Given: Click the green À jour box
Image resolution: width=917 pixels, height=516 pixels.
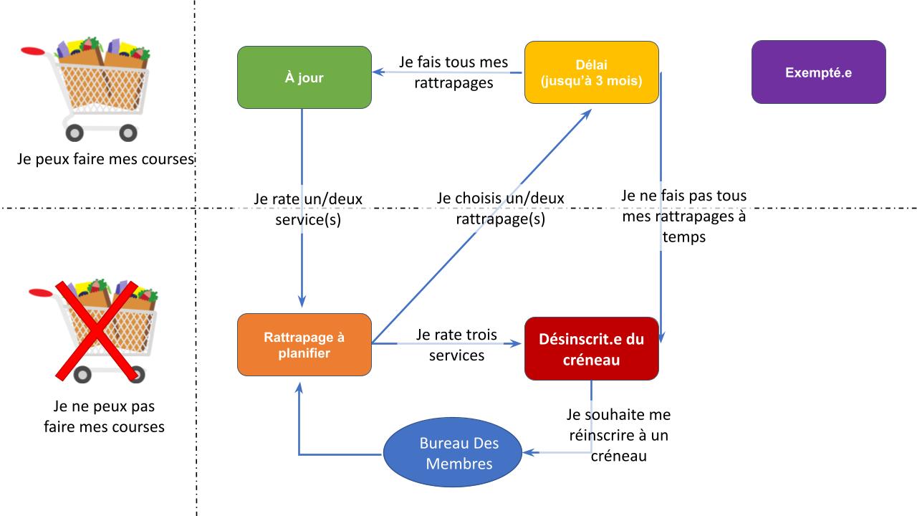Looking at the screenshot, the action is coord(304,77).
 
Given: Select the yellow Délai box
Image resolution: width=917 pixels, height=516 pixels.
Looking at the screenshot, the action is coord(592,72).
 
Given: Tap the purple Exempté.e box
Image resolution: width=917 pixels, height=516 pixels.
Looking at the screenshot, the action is coord(819,72).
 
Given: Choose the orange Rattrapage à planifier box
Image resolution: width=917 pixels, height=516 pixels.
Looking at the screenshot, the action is coord(304,345).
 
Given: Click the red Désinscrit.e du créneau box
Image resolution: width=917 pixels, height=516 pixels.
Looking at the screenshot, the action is coord(592,349).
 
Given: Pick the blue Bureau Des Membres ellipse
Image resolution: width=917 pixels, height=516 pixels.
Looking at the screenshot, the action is coord(453,452).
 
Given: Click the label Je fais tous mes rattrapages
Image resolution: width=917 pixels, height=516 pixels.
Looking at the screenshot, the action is coord(453,72).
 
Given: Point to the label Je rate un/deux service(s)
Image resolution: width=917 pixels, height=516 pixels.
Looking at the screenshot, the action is coord(308,209).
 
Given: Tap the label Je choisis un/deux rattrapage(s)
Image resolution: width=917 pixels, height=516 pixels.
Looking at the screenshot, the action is coord(500,209).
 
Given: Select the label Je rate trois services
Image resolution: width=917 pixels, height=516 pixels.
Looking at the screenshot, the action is coord(456,345).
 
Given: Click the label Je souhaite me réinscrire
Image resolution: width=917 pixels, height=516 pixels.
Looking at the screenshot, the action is coord(618,435).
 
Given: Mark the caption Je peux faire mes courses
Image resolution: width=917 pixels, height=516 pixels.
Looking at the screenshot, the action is coord(105,159).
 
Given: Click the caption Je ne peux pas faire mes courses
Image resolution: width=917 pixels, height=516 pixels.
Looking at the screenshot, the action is coord(105,416).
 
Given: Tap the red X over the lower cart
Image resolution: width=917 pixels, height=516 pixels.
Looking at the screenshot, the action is coord(97,331).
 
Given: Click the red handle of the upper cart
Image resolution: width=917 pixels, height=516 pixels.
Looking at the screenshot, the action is coord(33,51).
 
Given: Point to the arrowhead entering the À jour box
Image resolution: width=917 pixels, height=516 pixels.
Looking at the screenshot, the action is coord(378,72).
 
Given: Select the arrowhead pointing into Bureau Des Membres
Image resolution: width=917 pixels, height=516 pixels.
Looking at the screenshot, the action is coord(529,452).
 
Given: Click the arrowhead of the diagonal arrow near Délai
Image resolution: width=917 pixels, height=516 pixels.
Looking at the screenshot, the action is coord(587,114).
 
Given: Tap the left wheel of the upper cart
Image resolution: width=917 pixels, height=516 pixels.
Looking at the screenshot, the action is coord(75,133).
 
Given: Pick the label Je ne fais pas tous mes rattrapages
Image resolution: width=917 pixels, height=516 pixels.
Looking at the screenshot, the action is coord(683,216).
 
